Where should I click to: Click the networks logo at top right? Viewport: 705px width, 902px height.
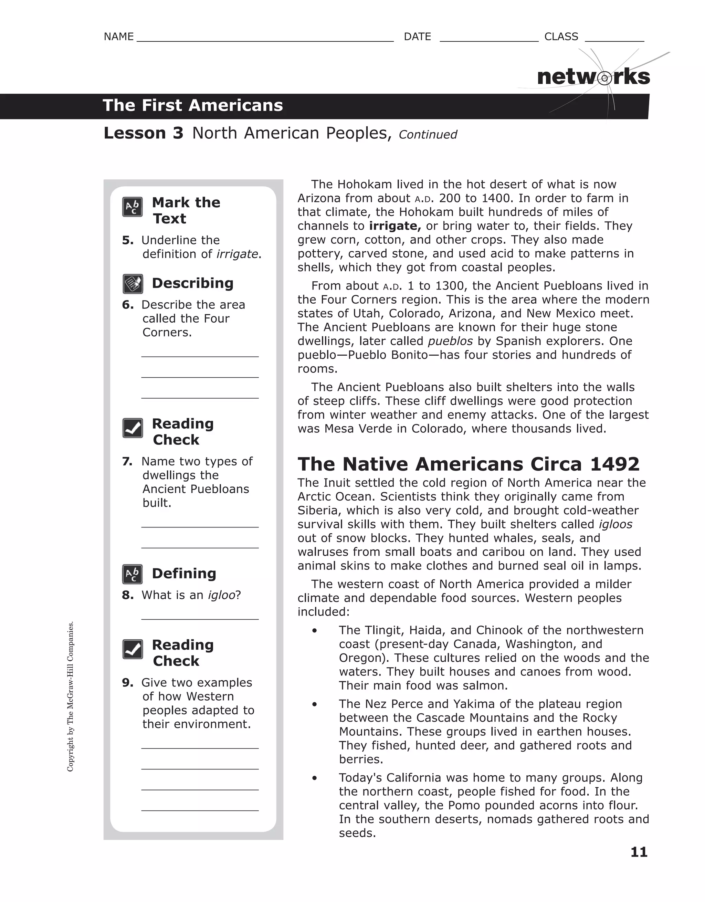tap(593, 77)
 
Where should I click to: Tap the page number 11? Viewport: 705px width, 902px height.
tap(639, 852)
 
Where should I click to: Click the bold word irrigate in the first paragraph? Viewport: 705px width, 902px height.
tap(394, 226)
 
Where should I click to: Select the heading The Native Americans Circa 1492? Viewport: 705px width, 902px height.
tap(469, 464)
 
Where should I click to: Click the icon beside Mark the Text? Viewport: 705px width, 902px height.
tap(133, 207)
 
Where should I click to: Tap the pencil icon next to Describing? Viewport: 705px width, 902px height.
tap(133, 284)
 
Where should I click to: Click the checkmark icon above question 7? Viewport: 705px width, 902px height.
tap(133, 428)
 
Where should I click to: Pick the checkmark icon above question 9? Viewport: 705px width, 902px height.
tap(133, 649)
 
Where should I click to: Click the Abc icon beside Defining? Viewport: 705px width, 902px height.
tap(133, 574)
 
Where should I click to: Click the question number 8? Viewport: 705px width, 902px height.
tap(128, 595)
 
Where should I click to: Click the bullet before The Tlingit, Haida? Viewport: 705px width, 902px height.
tap(315, 631)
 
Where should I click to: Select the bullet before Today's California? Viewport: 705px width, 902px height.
tap(315, 778)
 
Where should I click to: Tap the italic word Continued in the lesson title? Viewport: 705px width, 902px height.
tap(428, 135)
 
